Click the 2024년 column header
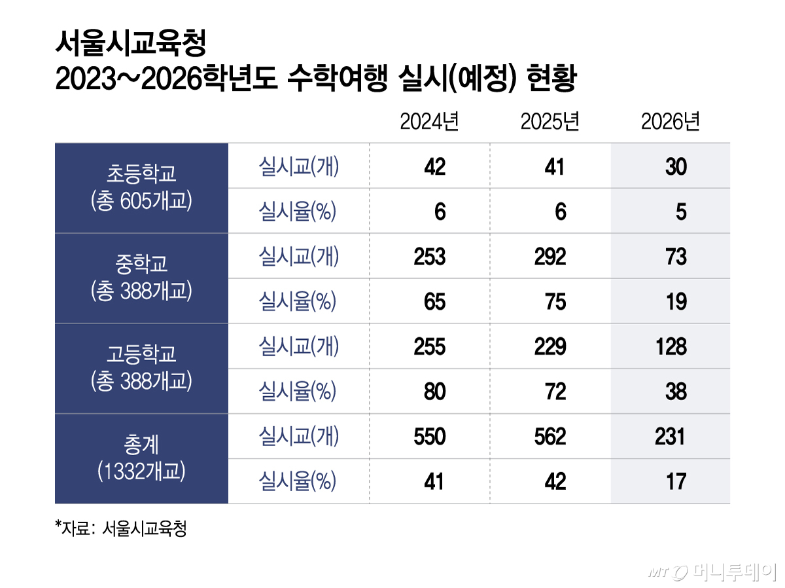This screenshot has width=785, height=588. point(429,122)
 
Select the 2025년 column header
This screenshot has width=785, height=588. point(550,122)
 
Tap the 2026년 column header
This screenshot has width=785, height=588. point(671,122)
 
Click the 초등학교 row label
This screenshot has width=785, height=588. point(141,175)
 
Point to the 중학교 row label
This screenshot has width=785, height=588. point(141,265)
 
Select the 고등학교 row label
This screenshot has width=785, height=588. point(141,355)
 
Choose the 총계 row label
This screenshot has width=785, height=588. point(141,445)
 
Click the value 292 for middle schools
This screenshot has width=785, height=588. point(549,257)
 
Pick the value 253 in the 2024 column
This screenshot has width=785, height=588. point(429,257)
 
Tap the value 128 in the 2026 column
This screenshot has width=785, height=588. point(671,346)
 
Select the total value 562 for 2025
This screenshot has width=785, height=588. point(549,437)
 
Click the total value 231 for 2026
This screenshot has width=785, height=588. point(670,437)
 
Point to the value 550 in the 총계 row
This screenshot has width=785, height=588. point(429,437)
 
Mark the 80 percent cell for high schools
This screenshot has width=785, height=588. point(434,392)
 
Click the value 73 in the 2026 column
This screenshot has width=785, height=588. point(676,257)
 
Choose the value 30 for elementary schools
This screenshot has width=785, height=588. point(676,167)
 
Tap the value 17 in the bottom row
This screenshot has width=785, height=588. point(676,482)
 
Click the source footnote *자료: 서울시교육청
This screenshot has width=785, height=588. point(121,529)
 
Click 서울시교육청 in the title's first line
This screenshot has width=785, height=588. point(131,45)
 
